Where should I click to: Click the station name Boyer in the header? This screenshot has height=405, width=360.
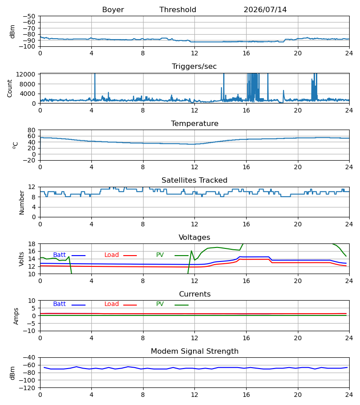[x=113, y=9]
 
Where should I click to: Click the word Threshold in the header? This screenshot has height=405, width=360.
[x=178, y=9]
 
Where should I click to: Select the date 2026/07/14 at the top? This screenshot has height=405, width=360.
[x=265, y=9]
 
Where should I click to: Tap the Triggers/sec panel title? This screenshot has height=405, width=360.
[x=194, y=67]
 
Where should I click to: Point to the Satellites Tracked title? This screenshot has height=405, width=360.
[x=194, y=180]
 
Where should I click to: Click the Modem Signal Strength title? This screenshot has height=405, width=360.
[x=194, y=351]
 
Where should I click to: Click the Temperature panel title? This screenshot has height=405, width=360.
[x=194, y=123]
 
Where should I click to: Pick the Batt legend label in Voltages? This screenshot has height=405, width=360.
[x=59, y=255]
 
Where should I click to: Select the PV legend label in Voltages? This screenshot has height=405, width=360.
[x=160, y=255]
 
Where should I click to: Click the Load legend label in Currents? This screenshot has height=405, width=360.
[x=111, y=304]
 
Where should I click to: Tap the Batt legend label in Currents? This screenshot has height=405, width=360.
[x=59, y=304]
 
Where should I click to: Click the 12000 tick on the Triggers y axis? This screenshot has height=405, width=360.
[x=26, y=74]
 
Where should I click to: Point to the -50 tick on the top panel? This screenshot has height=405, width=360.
[x=29, y=16]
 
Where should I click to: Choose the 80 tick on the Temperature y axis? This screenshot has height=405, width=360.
[x=31, y=130]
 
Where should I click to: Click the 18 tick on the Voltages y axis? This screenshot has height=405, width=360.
[x=31, y=244]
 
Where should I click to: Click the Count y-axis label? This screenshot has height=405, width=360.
[x=9, y=88]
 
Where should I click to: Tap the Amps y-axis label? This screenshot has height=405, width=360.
[x=16, y=316]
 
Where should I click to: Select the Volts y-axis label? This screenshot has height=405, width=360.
[x=21, y=259]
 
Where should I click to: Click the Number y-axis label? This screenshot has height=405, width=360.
[x=22, y=202]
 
